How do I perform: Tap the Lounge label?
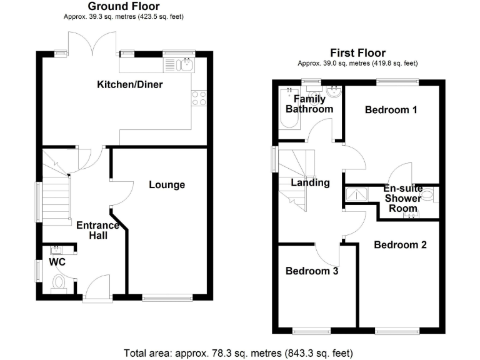click(x=167, y=184)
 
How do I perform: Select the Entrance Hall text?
click(x=97, y=230)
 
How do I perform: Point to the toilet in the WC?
click(x=59, y=282)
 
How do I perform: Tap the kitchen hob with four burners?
click(x=199, y=98)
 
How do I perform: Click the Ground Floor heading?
click(x=124, y=7)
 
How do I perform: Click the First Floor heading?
click(x=359, y=53)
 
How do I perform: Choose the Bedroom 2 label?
click(x=400, y=245)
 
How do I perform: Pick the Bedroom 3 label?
click(x=312, y=271)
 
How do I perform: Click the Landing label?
click(x=311, y=183)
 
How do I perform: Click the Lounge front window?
click(x=167, y=297)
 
